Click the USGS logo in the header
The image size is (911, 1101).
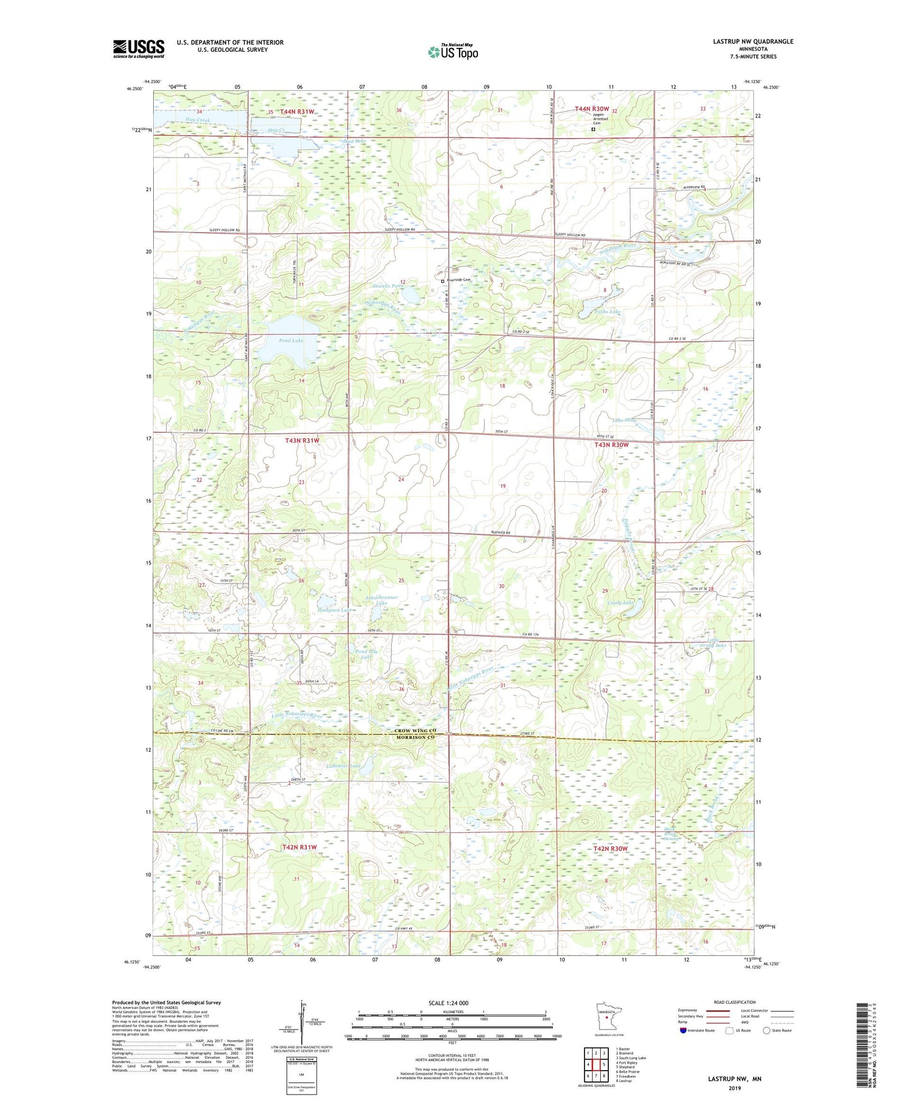coord(138,49)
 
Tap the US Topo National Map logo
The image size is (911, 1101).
coord(451,52)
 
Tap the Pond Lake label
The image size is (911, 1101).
coord(291,341)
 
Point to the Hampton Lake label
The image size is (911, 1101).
coord(336,610)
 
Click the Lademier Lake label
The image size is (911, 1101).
coord(343,766)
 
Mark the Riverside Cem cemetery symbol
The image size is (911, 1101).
coord(443,281)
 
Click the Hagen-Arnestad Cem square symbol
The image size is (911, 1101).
coord(593,129)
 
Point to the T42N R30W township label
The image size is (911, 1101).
coord(610,849)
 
